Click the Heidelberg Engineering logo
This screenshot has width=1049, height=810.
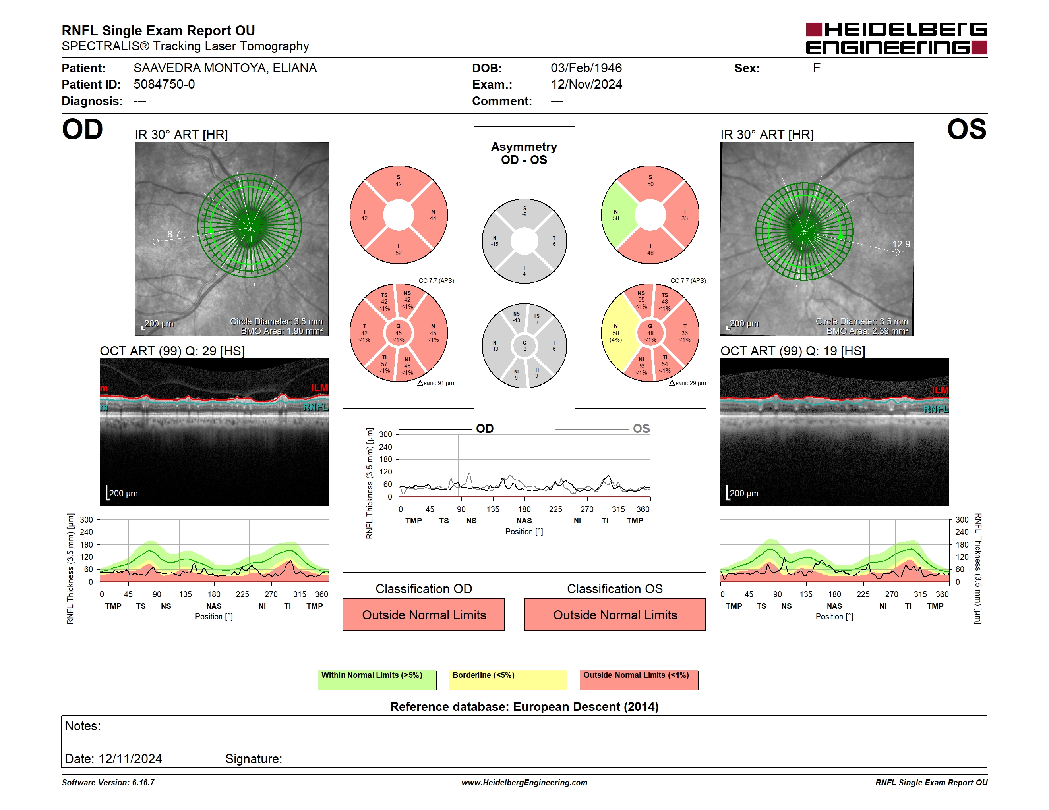(x=896, y=39)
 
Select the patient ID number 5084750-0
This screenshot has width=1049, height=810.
(x=164, y=85)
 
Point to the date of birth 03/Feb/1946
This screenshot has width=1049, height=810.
(x=586, y=68)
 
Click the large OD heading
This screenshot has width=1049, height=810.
(x=83, y=129)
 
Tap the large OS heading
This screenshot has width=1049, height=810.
(x=966, y=129)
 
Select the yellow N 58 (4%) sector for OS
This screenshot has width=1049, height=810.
(x=617, y=333)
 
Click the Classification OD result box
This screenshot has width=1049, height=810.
(x=423, y=614)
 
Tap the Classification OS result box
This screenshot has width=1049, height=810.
(x=615, y=614)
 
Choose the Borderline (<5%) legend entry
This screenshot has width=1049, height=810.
(x=508, y=680)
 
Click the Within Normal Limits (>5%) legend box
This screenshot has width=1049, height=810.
(x=377, y=680)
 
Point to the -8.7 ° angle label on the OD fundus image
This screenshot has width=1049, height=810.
(x=175, y=234)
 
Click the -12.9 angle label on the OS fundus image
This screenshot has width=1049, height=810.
(x=899, y=244)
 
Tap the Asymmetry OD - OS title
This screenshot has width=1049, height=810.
(x=524, y=153)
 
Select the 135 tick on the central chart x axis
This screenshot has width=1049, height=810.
(x=493, y=509)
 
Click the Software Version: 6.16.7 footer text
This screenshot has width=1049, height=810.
(x=108, y=783)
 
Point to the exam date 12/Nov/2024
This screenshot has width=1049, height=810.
(x=586, y=85)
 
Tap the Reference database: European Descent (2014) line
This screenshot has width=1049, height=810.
(x=524, y=706)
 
